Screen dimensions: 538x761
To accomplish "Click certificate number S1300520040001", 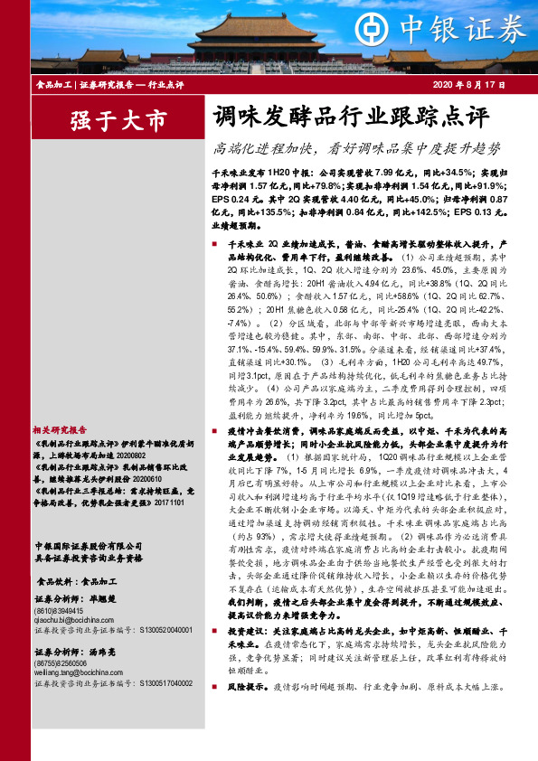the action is (161, 630).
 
